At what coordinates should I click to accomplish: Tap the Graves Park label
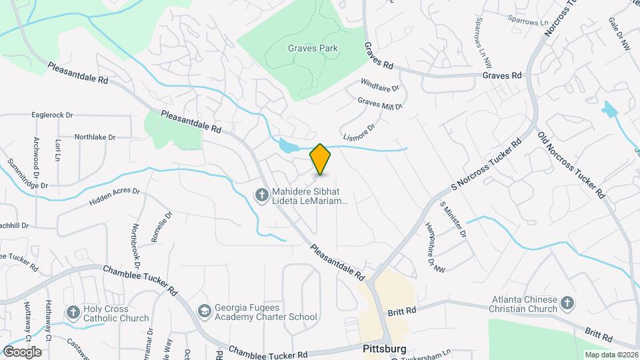(313, 48)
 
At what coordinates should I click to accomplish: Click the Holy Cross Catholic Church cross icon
(73, 313)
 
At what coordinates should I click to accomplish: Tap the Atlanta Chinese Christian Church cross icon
(567, 303)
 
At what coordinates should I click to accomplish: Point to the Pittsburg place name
(385, 349)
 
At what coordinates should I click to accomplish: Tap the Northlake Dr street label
(95, 137)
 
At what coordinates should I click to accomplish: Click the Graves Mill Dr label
(380, 103)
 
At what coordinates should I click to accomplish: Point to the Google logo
(22, 351)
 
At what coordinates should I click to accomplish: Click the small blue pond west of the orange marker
(288, 145)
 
